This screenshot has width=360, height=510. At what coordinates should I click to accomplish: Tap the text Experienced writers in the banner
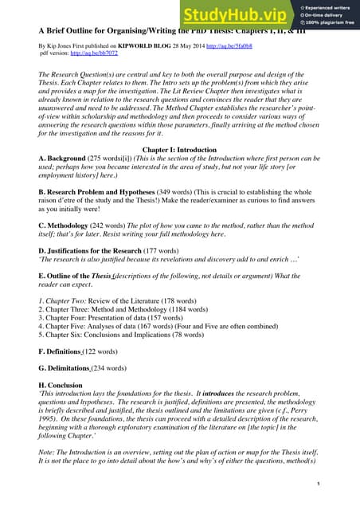point(326,6)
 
